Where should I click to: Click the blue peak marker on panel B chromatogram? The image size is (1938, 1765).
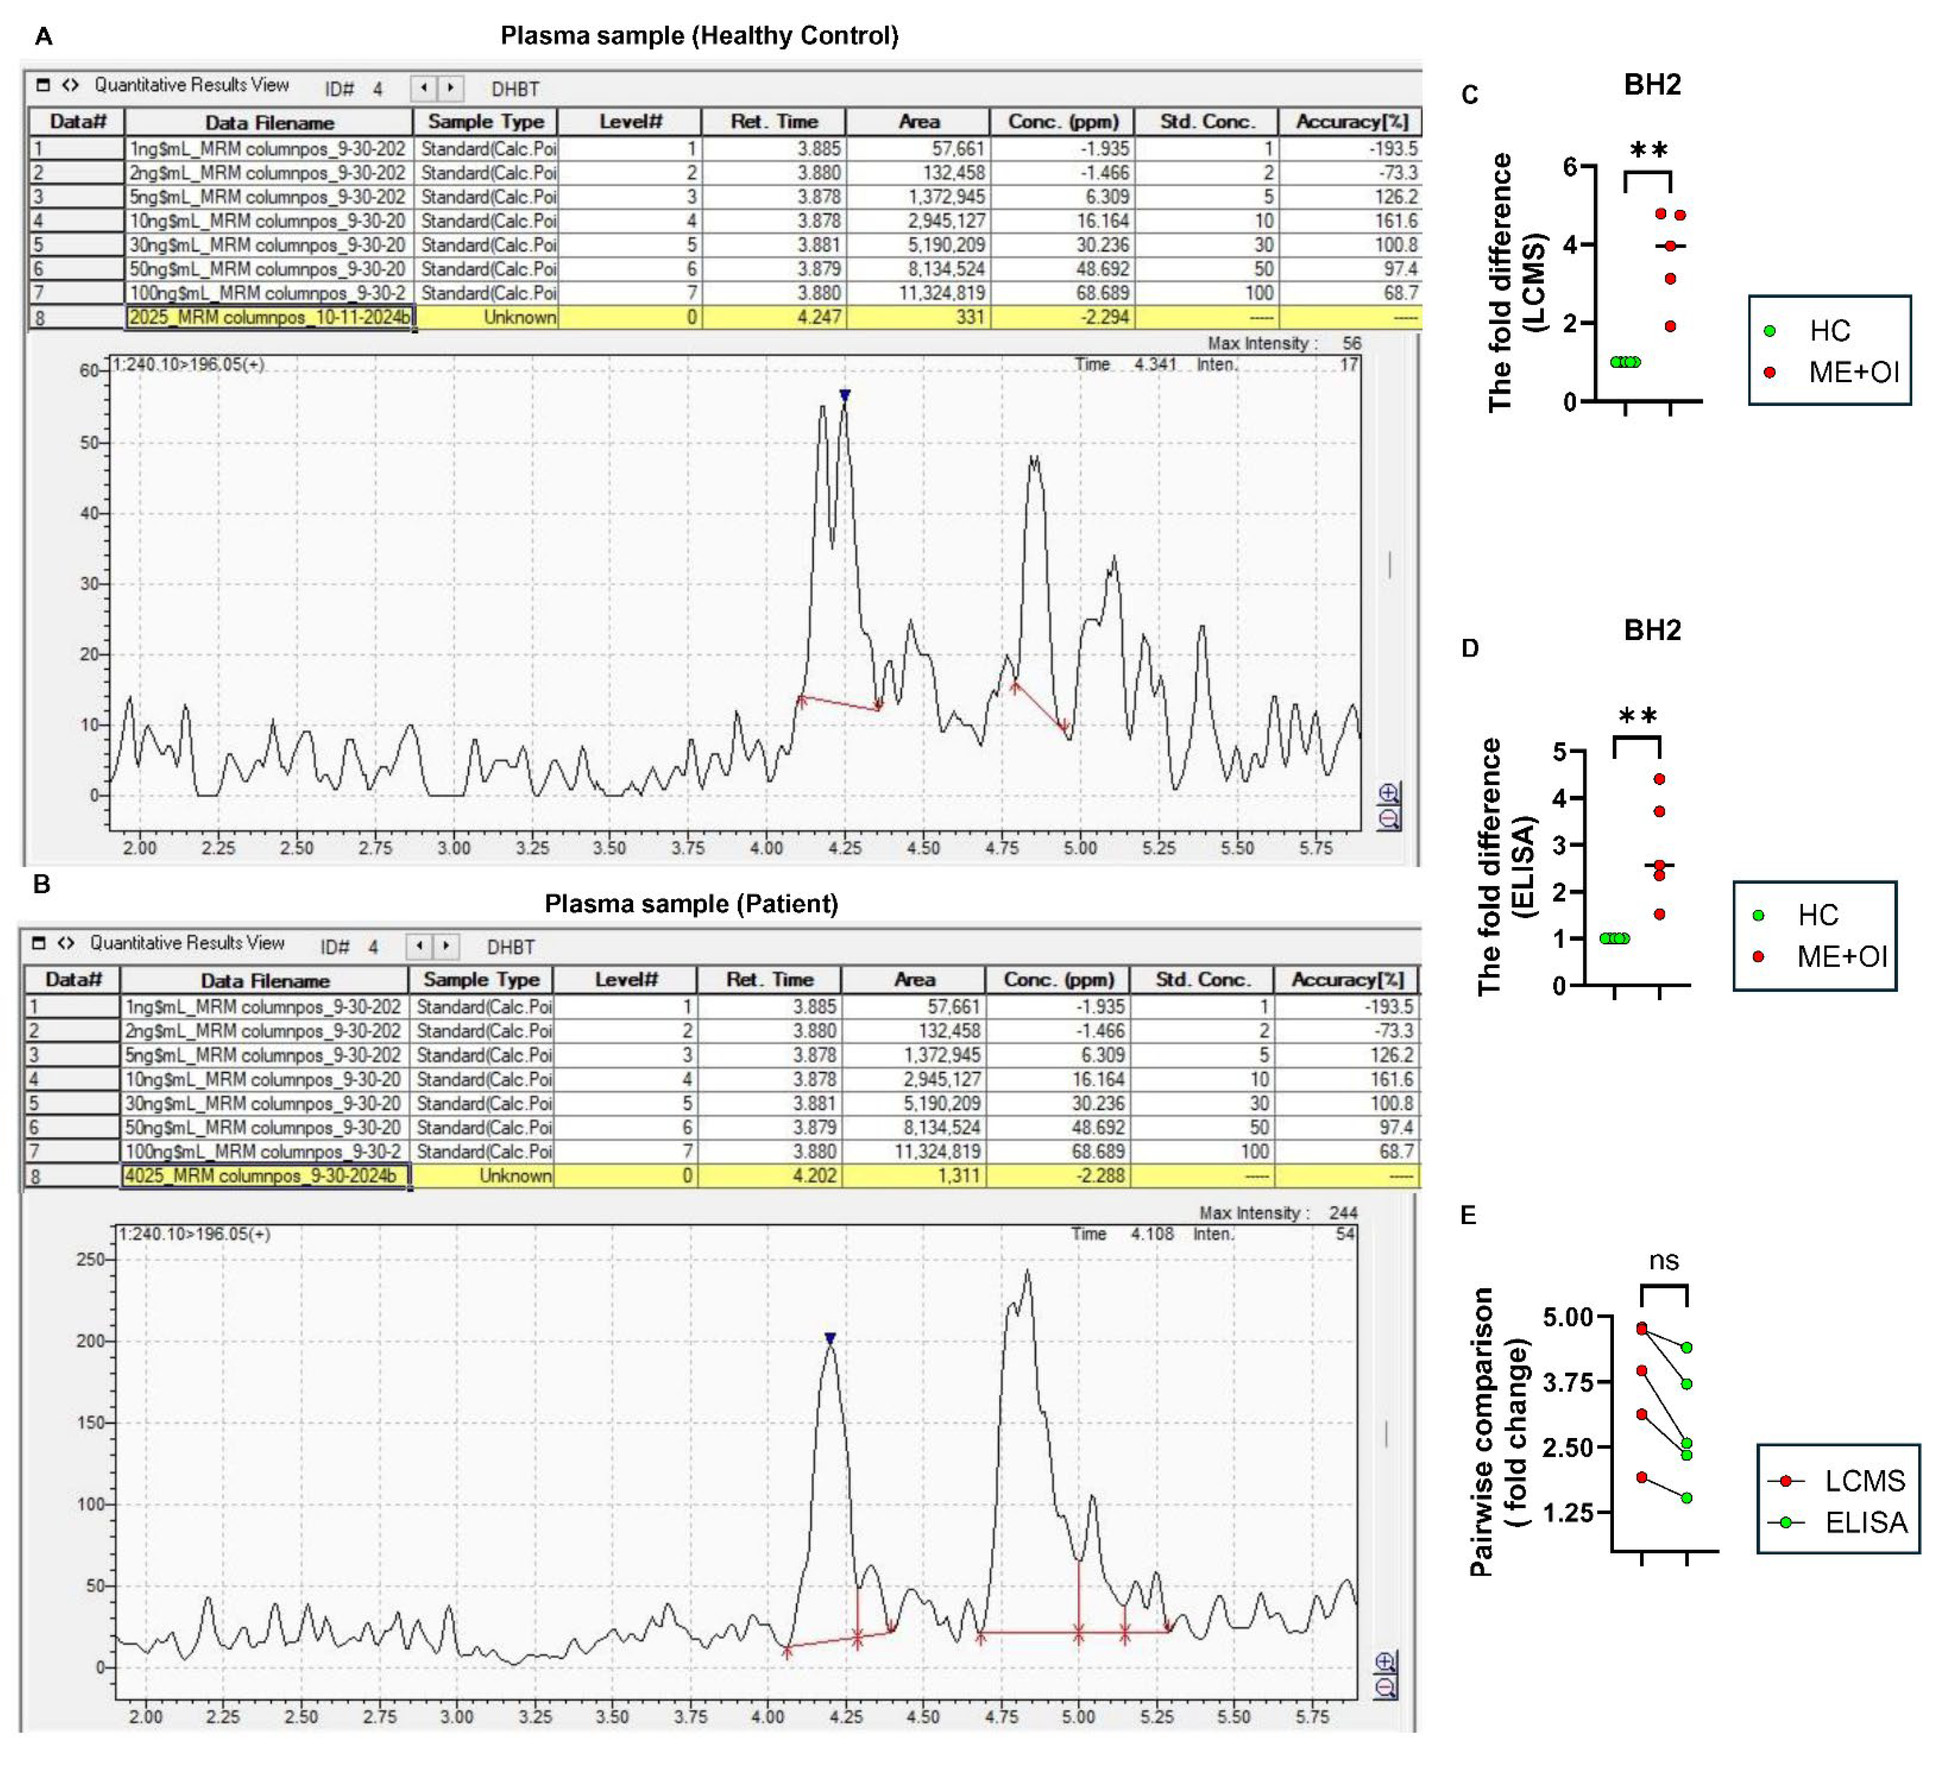click(x=831, y=1338)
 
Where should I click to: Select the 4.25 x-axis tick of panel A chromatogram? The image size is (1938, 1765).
click(x=845, y=848)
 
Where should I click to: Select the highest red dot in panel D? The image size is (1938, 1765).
click(x=1659, y=779)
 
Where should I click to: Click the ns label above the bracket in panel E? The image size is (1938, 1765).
click(x=1664, y=1261)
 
